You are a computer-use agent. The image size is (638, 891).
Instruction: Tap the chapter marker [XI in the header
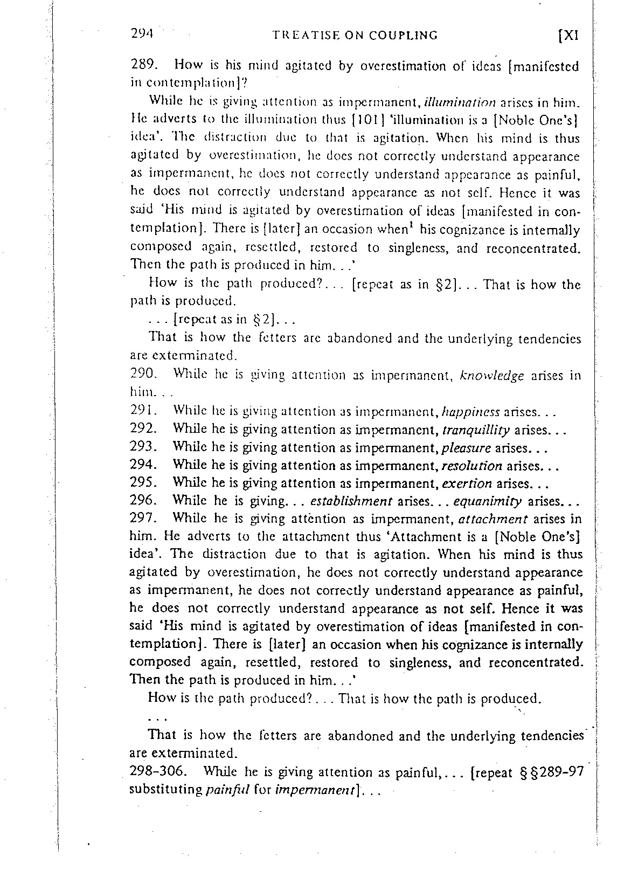tap(568, 36)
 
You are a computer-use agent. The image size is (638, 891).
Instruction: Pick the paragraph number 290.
tap(143, 376)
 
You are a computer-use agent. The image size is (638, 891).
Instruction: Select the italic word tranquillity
tap(476, 430)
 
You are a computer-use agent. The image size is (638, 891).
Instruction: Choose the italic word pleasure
tap(466, 447)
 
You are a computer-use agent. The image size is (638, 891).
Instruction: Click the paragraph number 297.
tap(143, 519)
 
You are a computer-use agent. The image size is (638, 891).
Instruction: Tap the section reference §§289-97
tap(553, 772)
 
